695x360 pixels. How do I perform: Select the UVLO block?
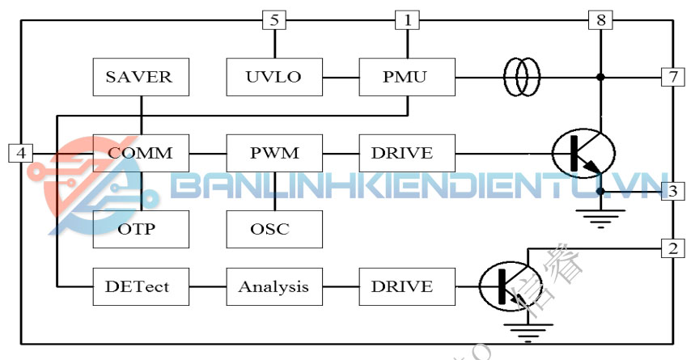273,78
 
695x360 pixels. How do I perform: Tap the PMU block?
407,78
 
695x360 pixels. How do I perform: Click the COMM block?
141,153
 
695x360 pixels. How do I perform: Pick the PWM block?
274,153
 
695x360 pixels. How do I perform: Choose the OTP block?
141,229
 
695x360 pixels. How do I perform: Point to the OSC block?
274,229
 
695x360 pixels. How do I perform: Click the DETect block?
141,286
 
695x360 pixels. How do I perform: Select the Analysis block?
274,286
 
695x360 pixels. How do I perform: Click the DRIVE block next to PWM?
407,153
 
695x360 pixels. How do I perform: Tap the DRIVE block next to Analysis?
407,286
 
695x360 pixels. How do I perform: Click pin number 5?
275,20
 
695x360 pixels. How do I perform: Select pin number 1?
407,20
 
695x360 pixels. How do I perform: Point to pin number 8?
600,20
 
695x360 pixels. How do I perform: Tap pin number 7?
672,78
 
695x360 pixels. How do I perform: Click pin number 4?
22,152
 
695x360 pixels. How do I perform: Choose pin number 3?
672,192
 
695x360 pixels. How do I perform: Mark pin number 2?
672,248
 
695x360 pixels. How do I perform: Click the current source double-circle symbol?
522,78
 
